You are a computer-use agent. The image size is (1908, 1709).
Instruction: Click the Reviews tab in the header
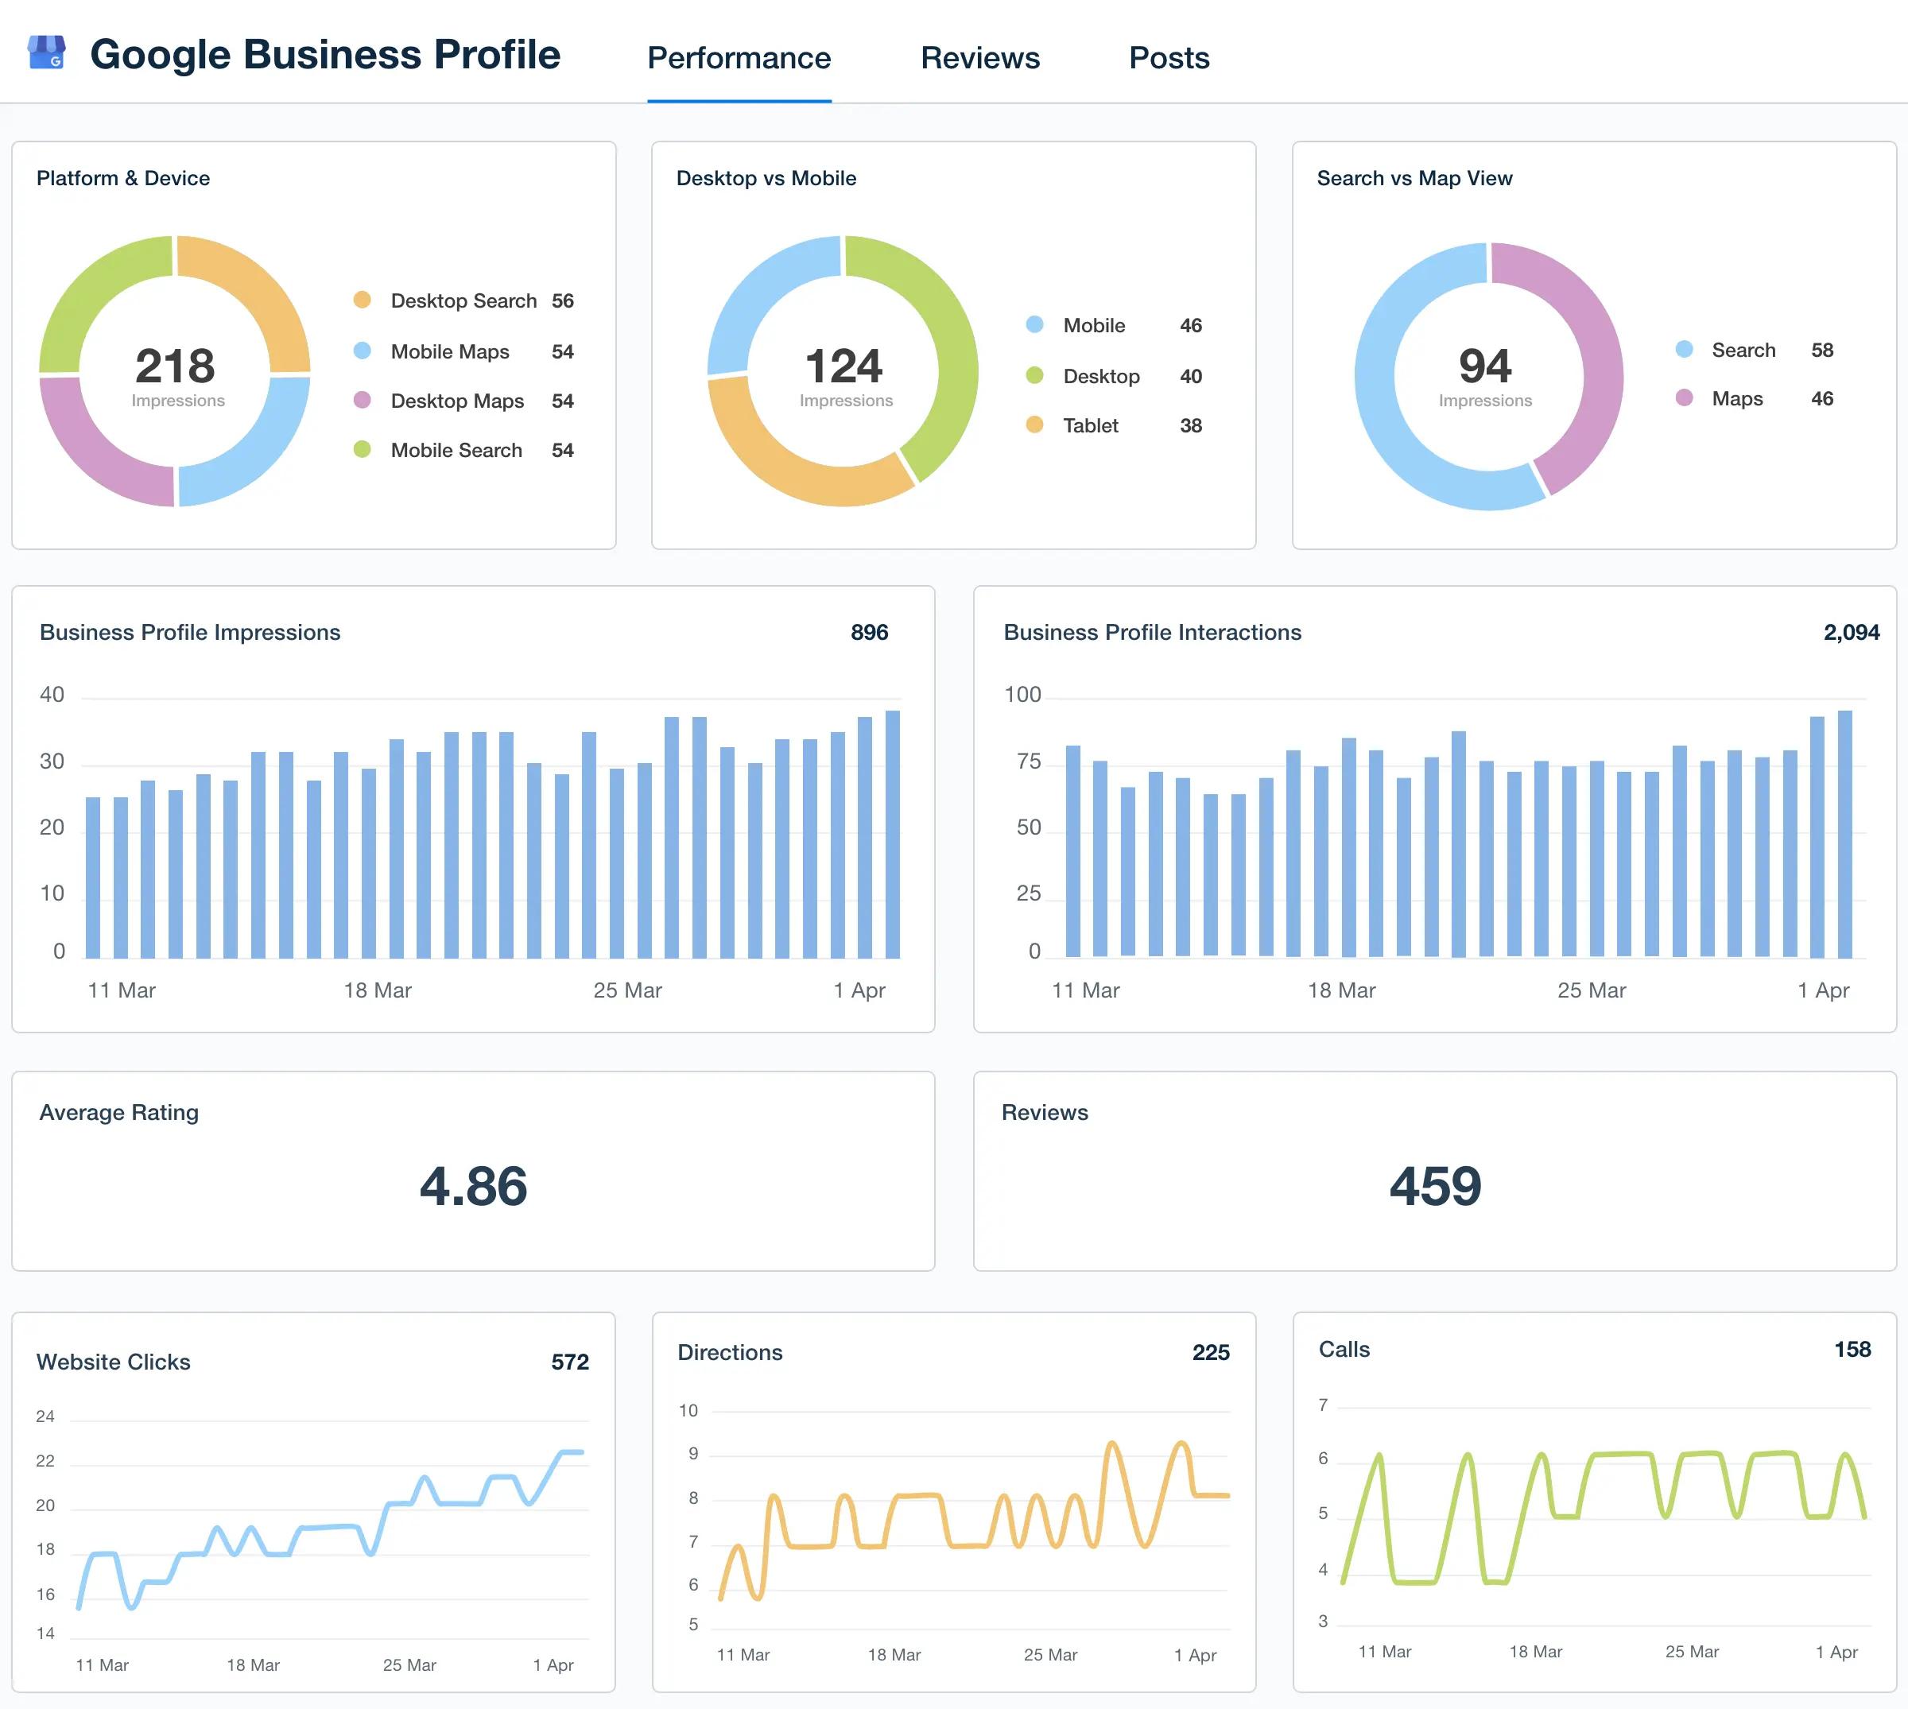979,58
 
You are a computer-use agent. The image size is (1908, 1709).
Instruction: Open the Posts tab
1168,58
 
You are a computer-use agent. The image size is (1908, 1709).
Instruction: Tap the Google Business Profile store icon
46,52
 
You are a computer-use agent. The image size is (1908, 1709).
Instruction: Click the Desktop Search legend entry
463,300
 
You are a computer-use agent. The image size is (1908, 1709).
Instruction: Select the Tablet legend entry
1089,425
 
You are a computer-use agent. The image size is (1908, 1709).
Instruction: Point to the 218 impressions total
175,366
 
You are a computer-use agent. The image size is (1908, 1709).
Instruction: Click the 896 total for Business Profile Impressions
869,632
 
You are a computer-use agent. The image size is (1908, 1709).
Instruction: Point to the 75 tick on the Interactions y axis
1028,761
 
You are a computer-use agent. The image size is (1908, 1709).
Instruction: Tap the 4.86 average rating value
473,1185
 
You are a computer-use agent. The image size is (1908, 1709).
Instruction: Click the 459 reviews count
1435,1185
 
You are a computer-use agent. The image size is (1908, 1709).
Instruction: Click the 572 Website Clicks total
569,1362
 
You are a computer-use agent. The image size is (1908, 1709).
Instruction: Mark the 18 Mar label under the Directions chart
893,1654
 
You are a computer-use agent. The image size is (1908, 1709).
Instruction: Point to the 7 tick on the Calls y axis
1322,1405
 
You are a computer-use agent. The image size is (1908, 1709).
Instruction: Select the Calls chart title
1344,1350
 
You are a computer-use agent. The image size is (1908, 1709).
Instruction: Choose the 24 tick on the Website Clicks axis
45,1416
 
